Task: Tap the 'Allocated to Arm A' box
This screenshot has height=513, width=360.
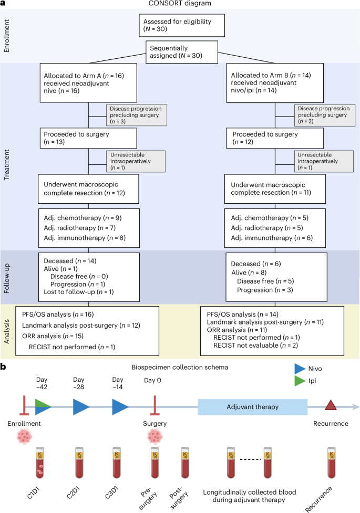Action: coord(88,83)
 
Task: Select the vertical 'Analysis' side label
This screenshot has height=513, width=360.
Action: coord(8,332)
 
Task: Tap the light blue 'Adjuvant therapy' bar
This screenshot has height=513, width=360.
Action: coord(252,406)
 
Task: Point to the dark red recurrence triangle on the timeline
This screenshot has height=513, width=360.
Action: coord(330,405)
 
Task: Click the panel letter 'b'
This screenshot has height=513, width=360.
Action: coord(4,365)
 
